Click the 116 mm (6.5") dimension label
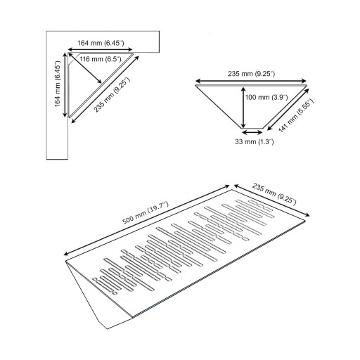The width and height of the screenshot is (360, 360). coord(101,59)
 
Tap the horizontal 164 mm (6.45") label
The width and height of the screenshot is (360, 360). coord(101,43)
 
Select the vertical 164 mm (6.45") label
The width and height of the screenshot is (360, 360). coord(58,84)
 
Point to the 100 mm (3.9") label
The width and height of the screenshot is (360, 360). coord(266,97)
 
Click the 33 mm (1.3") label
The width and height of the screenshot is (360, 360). coord(255,141)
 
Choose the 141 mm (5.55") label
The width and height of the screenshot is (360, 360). coord(296,115)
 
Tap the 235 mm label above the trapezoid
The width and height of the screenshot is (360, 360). coord(251,74)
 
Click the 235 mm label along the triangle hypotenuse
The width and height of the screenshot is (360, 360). coord(112,95)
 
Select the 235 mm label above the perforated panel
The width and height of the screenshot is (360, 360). coord(274,193)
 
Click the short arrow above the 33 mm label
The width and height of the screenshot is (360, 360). coord(252,132)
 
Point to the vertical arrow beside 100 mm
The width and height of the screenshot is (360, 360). coord(243,107)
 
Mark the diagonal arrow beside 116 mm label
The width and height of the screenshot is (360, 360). coord(85,68)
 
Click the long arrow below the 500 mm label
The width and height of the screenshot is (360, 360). coord(147,220)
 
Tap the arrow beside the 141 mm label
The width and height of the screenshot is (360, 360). coord(288,109)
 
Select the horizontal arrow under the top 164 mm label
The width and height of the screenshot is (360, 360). coord(101,49)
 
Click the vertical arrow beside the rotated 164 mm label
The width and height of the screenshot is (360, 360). coord(65,85)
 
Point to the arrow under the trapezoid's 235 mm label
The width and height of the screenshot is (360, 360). coord(251,81)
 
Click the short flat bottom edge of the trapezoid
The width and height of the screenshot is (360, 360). coord(252,128)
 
